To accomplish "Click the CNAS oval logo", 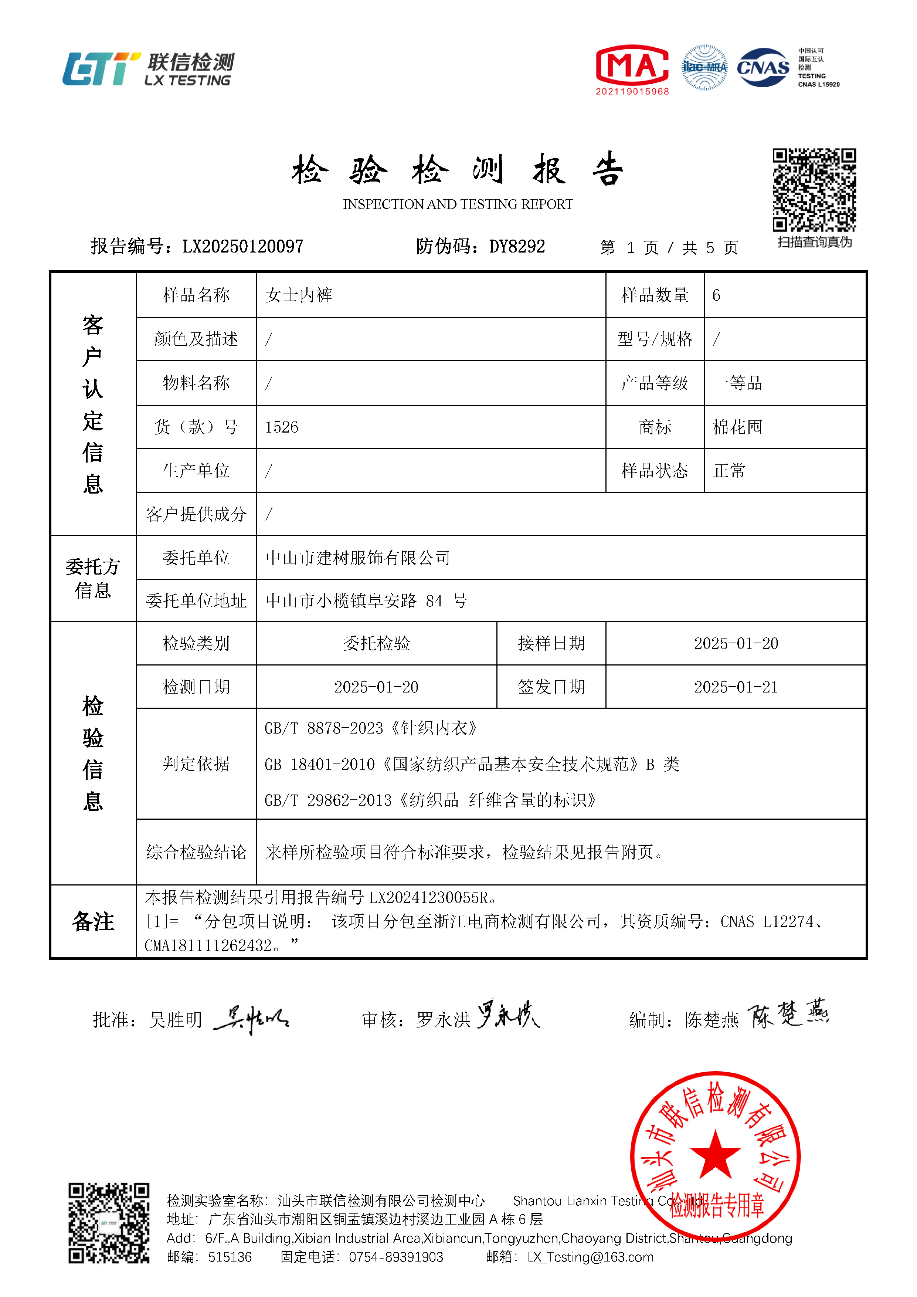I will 763,67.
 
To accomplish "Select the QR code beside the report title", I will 814,190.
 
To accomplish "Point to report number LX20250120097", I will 243,246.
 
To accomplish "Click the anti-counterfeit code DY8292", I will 517,246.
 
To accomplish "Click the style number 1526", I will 281,427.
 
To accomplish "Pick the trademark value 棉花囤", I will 737,427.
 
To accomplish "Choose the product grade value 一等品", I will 737,383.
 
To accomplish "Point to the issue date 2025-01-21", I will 736,687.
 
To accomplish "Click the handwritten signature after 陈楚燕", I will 788,1015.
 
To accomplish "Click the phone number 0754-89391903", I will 396,1257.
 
